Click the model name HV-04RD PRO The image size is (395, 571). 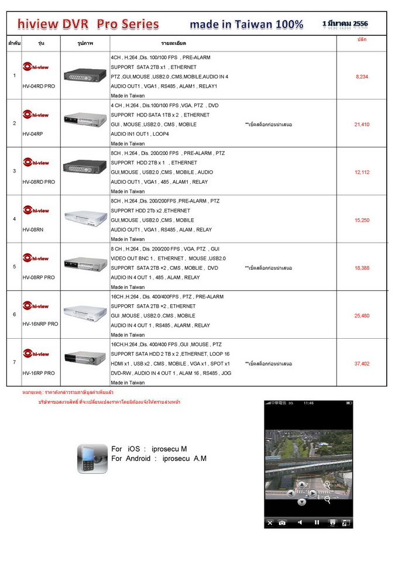(39, 86)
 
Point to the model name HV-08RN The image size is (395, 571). (33, 230)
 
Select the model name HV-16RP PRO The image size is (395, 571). (39, 373)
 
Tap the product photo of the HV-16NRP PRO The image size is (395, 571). (85, 311)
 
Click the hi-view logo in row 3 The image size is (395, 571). (36, 163)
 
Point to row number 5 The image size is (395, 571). (14, 267)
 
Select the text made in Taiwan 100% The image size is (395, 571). (246, 24)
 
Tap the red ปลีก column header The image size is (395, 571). (362, 39)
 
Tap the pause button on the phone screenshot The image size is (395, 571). (317, 522)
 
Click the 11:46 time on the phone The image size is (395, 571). (308, 403)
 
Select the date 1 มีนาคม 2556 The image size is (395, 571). (345, 23)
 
